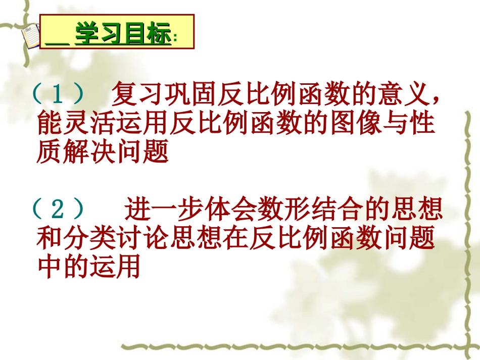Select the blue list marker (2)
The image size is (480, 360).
tap(60, 209)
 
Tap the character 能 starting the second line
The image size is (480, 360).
tap(50, 123)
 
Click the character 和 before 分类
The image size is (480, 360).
tap(50, 238)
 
